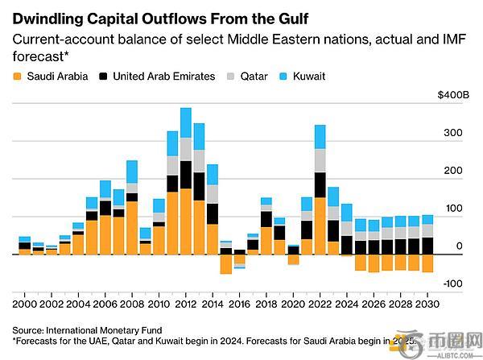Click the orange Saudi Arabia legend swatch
[x=17, y=77]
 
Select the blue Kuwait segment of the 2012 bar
[x=185, y=122]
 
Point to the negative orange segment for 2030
[x=427, y=263]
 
